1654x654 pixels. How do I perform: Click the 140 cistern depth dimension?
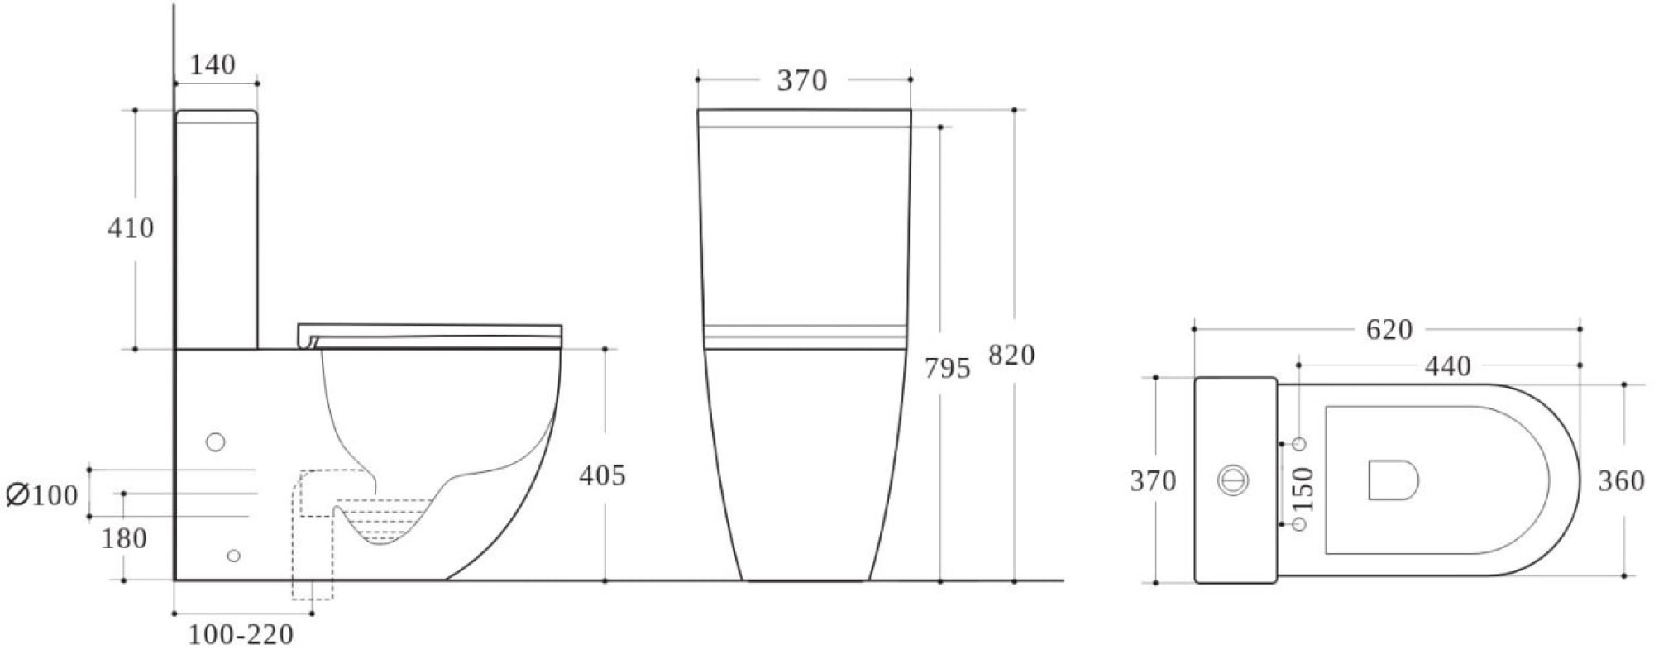pos(213,64)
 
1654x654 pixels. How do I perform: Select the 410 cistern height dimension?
pos(131,227)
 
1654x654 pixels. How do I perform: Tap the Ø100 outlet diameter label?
pos(42,495)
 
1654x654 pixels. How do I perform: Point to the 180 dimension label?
pos(124,538)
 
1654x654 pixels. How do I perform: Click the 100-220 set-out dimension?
pos(241,635)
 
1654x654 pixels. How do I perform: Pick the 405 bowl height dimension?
pos(602,475)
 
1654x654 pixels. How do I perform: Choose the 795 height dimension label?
pos(947,368)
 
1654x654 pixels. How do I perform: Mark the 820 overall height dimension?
pos(1011,356)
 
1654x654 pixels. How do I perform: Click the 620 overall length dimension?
pos(1389,330)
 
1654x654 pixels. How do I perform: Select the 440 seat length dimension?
pos(1447,365)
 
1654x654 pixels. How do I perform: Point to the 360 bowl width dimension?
pos(1621,480)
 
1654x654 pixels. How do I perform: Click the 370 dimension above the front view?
pos(802,80)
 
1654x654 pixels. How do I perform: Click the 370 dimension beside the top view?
pos(1153,480)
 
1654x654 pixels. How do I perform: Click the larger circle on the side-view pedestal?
pos(215,442)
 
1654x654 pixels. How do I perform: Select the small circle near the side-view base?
pos(233,556)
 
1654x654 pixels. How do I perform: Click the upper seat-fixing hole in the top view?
pos(1299,444)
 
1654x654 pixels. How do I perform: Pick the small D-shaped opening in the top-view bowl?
pos(1393,480)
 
